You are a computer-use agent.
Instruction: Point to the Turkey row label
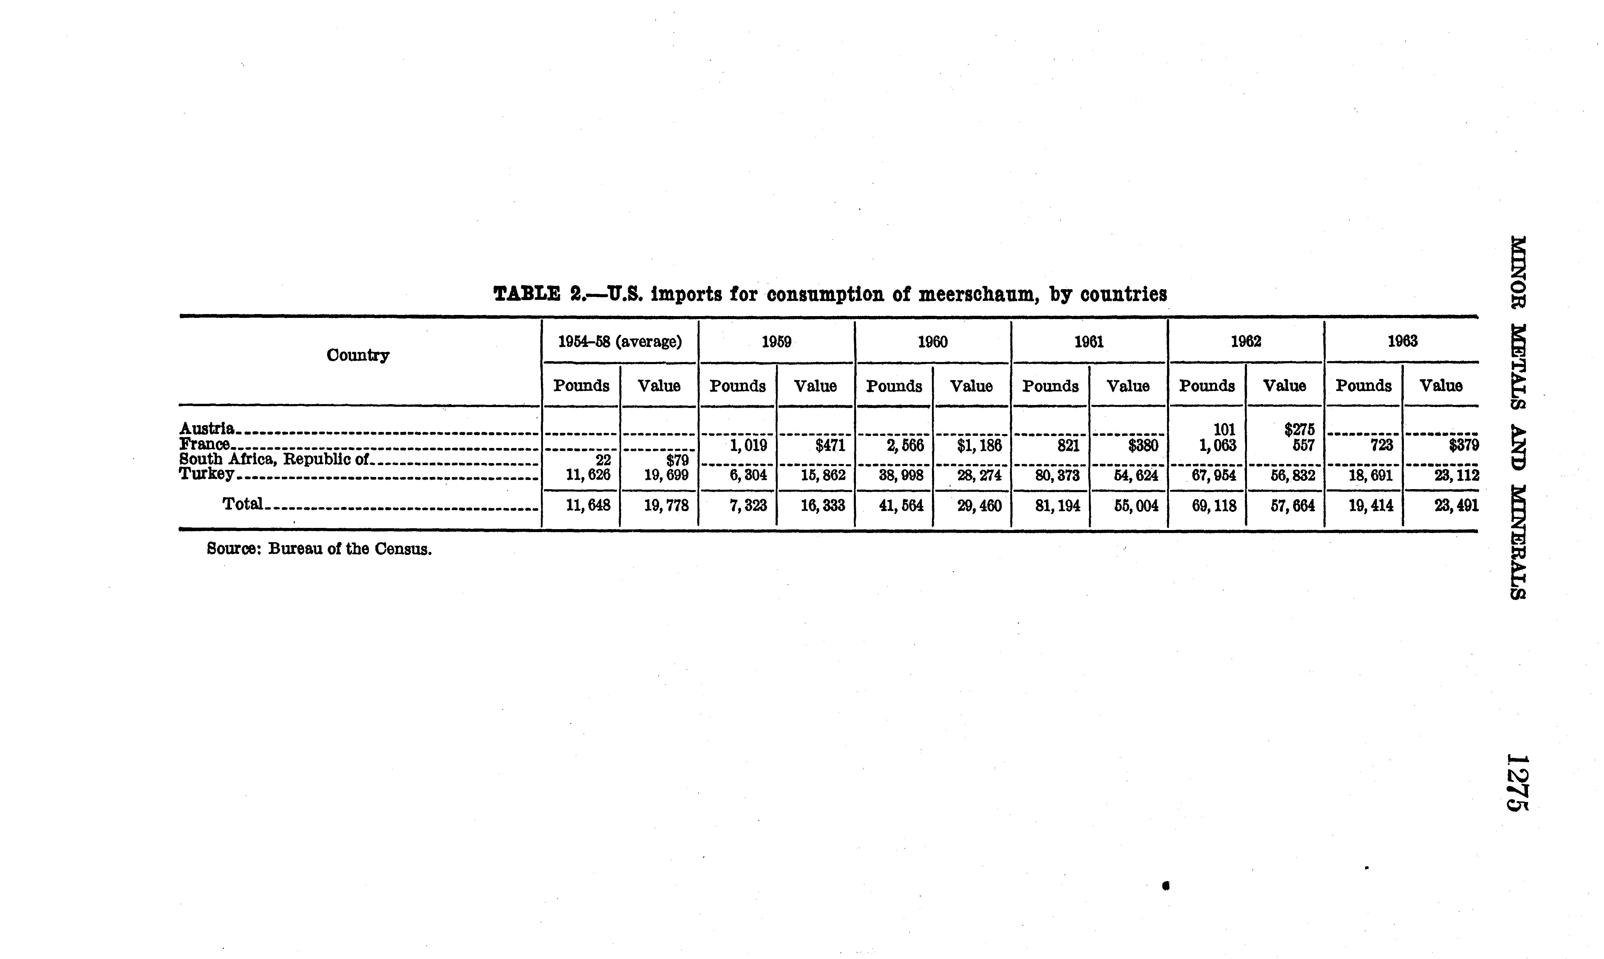click(207, 474)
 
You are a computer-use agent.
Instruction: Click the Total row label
click(242, 503)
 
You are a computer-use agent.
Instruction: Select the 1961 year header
click(1089, 341)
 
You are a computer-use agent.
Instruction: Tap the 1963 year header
click(1402, 341)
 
